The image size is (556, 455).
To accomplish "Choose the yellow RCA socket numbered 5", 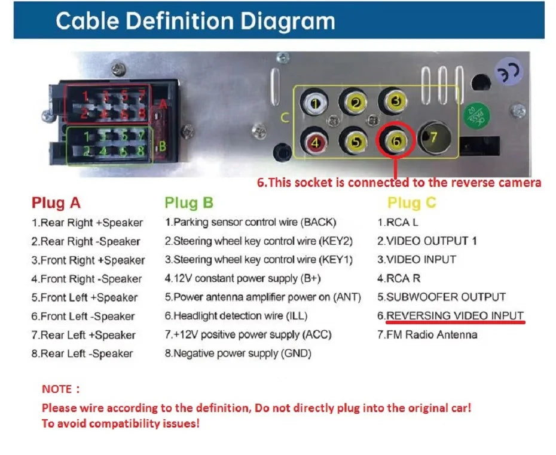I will [356, 142].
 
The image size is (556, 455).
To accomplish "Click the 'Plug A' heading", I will [56, 203].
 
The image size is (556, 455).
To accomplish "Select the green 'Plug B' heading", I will [189, 203].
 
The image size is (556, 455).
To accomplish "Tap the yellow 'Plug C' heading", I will [411, 204].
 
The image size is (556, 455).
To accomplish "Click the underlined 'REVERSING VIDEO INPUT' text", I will [455, 315].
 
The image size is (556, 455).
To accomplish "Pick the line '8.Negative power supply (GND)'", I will [238, 353].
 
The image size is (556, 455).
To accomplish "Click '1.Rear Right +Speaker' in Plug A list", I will [87, 223].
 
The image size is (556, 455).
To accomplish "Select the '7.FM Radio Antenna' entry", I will [427, 334].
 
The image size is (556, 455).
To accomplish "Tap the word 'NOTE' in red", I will [57, 389].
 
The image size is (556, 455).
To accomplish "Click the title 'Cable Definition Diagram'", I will [195, 21].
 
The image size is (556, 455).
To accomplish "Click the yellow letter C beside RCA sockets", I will [285, 118].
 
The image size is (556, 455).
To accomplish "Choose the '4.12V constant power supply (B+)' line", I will [243, 279].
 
